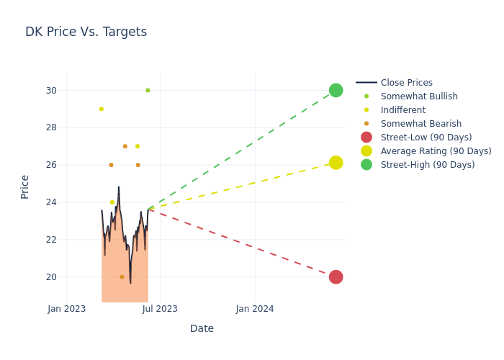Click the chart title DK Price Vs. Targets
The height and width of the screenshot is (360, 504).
(x=86, y=32)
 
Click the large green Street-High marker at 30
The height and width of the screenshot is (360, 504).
(x=336, y=90)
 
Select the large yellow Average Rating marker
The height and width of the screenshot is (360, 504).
(x=336, y=163)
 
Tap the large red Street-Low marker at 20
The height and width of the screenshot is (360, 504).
(x=336, y=277)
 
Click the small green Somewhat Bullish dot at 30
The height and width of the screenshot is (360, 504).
(x=148, y=90)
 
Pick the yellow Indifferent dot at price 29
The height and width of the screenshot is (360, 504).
(x=102, y=109)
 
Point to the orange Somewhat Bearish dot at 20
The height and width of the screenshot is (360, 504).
(x=122, y=277)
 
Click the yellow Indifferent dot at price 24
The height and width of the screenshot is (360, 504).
(x=112, y=202)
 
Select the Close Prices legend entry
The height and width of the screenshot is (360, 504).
(x=406, y=83)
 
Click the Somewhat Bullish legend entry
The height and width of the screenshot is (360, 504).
(x=419, y=96)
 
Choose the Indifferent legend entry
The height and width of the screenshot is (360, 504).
(x=402, y=110)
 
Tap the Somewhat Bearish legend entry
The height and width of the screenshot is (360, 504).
(x=420, y=124)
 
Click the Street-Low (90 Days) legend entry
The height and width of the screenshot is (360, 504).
(x=426, y=138)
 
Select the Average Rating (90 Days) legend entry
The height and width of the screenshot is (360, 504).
(x=436, y=151)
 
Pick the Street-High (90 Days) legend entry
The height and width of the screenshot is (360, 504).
(x=427, y=165)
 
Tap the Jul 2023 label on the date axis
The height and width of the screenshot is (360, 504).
(x=160, y=309)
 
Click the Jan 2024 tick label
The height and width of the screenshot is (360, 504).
(x=255, y=309)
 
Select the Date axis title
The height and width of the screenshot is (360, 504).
(x=202, y=328)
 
